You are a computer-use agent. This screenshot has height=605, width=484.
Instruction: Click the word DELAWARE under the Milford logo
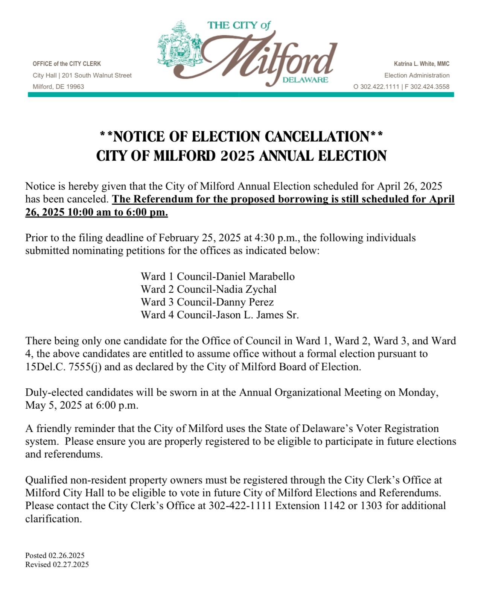point(305,80)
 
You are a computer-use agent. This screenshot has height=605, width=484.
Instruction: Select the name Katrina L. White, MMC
point(422,64)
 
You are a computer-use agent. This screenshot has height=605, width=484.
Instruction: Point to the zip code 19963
point(75,87)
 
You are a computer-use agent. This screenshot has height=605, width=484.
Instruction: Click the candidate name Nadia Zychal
point(246,289)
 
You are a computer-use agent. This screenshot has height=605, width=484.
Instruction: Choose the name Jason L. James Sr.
point(257,315)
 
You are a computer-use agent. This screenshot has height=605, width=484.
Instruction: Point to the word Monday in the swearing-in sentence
point(418,392)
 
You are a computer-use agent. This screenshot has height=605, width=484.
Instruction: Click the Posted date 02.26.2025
point(66,555)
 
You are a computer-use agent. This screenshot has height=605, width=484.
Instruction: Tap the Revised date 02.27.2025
point(71,564)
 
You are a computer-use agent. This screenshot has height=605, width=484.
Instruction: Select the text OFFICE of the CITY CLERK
point(67,64)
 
